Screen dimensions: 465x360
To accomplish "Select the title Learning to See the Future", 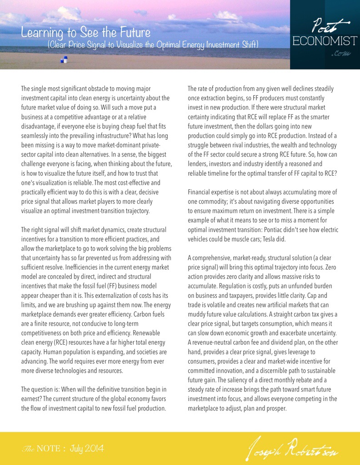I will click(x=85, y=33).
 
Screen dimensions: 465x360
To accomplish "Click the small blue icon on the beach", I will click(x=64, y=59).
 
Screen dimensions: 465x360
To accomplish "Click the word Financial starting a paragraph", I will click(x=200, y=192).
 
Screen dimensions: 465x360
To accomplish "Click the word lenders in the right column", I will click(x=199, y=163).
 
